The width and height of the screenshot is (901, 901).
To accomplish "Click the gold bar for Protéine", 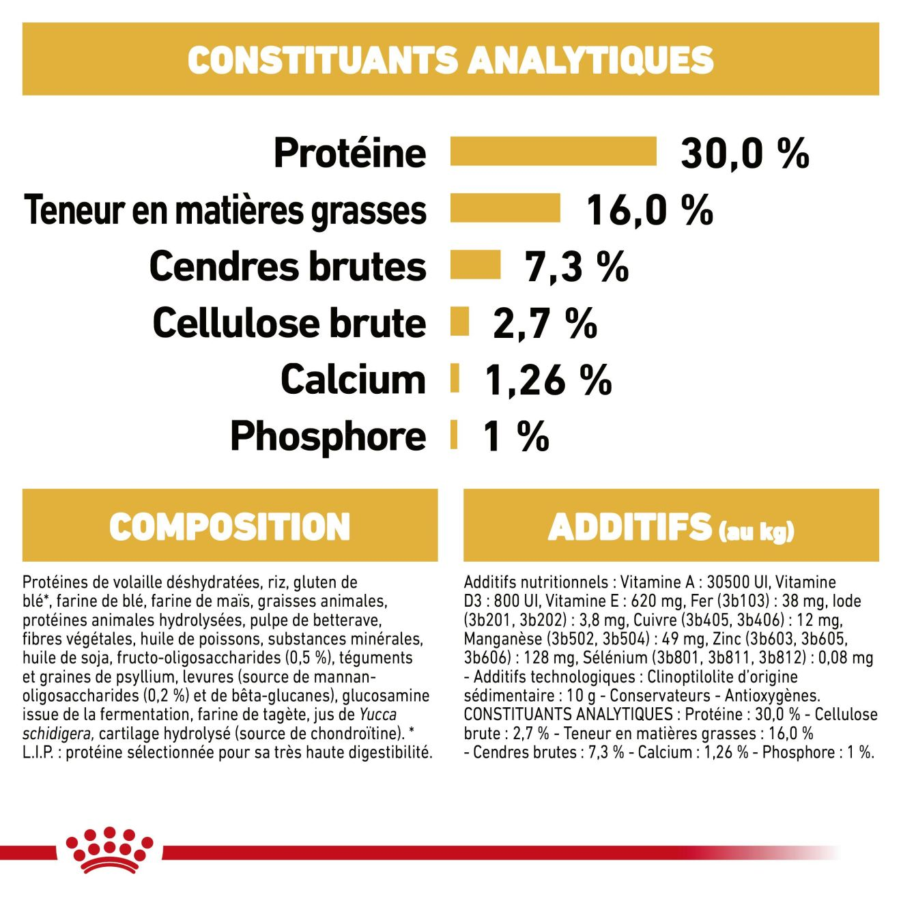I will [x=553, y=152].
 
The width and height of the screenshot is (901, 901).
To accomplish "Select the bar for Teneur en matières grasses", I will [x=505, y=208].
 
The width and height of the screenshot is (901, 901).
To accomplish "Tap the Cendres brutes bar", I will [x=475, y=265].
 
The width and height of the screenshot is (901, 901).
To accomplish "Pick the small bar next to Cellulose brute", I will [x=459, y=321].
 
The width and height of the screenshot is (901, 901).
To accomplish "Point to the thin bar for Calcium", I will [x=455, y=378].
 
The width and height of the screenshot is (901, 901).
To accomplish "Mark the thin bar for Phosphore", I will [x=453, y=435].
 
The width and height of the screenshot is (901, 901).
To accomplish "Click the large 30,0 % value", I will [x=744, y=153].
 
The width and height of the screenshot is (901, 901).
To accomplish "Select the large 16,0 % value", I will [x=649, y=210].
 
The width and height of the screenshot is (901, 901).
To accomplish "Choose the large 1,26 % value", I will [x=548, y=380].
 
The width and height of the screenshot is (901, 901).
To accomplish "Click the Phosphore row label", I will [x=328, y=437].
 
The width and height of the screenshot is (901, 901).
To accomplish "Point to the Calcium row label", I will [x=353, y=380].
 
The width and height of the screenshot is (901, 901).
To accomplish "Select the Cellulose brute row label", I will [x=289, y=323].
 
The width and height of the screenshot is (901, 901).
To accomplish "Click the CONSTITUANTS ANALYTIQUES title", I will [x=450, y=60].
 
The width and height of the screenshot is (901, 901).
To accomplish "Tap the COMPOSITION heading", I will [x=229, y=527].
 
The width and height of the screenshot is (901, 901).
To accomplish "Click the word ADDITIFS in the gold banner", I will [x=629, y=527].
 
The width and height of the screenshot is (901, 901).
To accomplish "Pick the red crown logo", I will [x=109, y=850].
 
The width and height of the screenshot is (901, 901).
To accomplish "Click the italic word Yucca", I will [x=377, y=715].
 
